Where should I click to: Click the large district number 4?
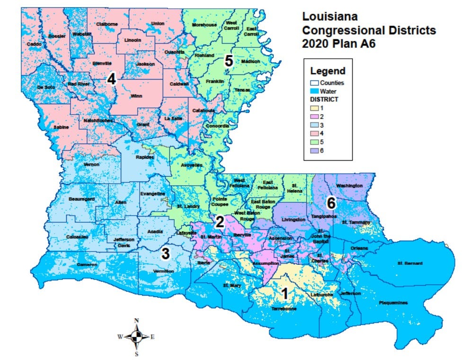pos(111,79)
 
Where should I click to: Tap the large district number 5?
pos(229,61)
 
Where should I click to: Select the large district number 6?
pos(331,203)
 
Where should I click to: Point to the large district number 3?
pos(165,253)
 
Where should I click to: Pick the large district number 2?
pos(220,222)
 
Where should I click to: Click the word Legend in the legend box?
pos(327,72)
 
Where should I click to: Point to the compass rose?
pos(136,337)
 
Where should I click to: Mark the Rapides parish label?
pos(144,157)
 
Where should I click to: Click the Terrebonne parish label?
pos(284,308)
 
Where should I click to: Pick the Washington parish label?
pos(349,185)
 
